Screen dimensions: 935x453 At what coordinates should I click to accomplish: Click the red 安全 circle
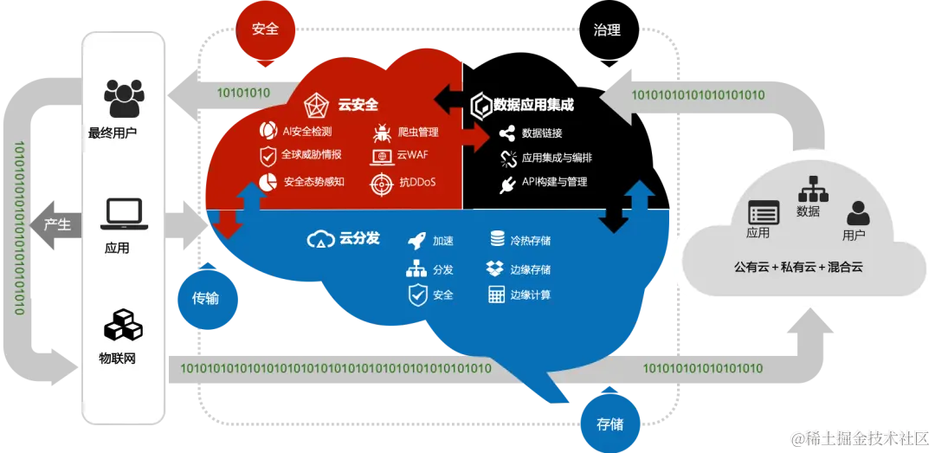click(266, 28)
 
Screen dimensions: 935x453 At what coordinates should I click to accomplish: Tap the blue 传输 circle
click(205, 298)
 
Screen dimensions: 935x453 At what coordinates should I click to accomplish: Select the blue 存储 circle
click(609, 424)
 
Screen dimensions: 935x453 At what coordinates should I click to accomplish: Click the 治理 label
click(607, 30)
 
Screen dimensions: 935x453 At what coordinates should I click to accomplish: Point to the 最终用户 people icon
click(122, 99)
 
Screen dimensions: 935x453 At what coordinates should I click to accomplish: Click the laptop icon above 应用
click(123, 213)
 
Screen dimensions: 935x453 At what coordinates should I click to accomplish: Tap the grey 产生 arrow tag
click(56, 224)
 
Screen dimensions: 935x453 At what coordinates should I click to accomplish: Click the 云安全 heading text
click(358, 105)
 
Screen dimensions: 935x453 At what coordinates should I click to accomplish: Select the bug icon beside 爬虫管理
click(381, 133)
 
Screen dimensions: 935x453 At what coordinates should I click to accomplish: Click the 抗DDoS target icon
click(381, 184)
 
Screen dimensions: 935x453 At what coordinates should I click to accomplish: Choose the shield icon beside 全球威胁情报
click(268, 156)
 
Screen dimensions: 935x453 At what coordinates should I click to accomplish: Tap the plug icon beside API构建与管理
click(507, 184)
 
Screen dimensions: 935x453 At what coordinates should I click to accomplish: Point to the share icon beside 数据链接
click(507, 133)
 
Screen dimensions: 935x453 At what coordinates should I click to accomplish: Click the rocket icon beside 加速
click(416, 240)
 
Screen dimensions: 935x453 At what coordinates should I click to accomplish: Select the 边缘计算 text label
click(531, 294)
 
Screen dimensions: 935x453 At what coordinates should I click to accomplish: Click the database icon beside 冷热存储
click(498, 239)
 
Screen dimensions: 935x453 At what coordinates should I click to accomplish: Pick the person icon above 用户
click(858, 212)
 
